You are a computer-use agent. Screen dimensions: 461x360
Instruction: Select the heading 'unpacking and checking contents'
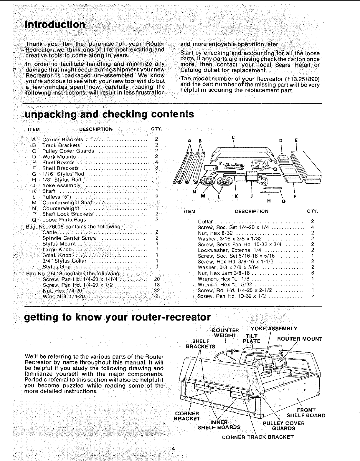(x=110, y=114)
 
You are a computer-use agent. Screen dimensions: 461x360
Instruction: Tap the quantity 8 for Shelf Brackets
(x=157, y=168)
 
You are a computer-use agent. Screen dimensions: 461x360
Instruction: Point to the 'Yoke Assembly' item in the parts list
(x=62, y=185)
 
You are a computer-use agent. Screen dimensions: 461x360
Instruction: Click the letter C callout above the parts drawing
(x=233, y=137)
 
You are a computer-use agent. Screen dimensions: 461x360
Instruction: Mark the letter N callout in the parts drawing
(x=194, y=192)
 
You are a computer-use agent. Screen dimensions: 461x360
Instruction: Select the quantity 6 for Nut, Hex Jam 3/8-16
(x=313, y=273)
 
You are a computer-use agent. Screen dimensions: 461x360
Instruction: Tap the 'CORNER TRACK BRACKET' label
(x=258, y=437)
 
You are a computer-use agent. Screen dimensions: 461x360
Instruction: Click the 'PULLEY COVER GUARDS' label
(x=283, y=426)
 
